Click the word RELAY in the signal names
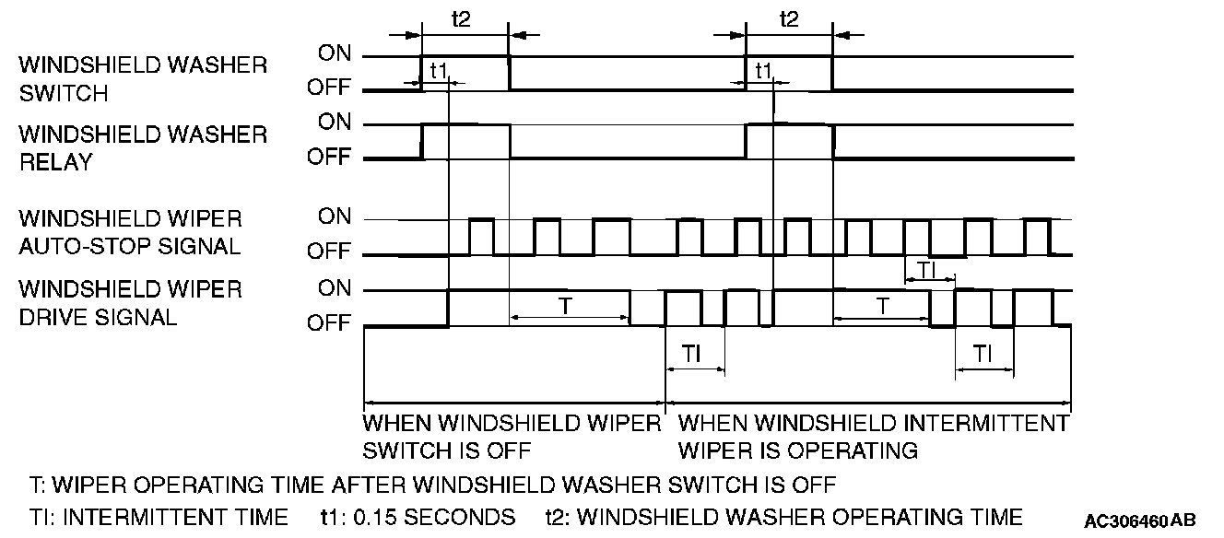click(x=55, y=162)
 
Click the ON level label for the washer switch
click(x=335, y=54)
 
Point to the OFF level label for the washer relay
click(x=329, y=158)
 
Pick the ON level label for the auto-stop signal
click(x=335, y=217)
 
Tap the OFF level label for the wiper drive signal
click(x=329, y=323)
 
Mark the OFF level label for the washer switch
click(x=329, y=89)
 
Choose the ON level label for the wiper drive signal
click(x=335, y=288)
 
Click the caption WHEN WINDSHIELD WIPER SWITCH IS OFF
click(x=512, y=437)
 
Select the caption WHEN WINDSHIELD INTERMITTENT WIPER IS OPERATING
click(x=872, y=437)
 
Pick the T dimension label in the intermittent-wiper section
click(x=882, y=305)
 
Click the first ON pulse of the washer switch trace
click(x=465, y=57)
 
